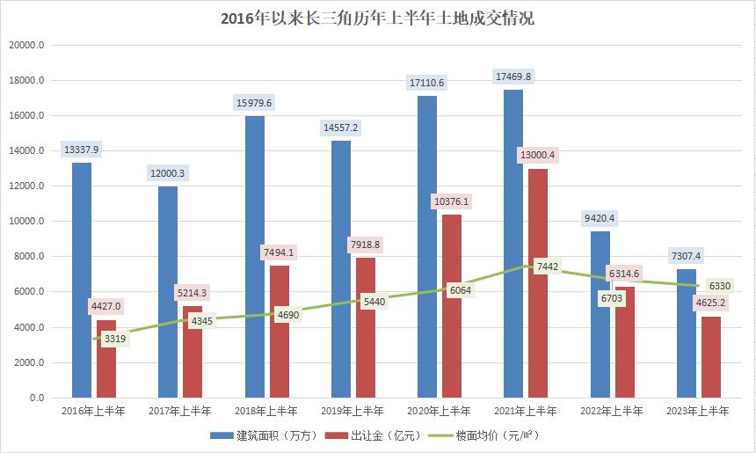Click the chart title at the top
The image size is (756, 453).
click(377, 18)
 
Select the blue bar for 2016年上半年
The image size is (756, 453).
click(82, 281)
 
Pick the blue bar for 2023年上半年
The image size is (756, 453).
click(687, 334)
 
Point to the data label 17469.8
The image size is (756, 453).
click(513, 77)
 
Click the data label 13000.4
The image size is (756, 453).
click(538, 156)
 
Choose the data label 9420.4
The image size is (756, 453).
click(600, 218)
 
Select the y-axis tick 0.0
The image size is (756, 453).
click(36, 398)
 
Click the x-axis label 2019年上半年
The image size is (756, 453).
click(353, 411)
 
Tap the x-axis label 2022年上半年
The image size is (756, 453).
click(613, 411)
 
